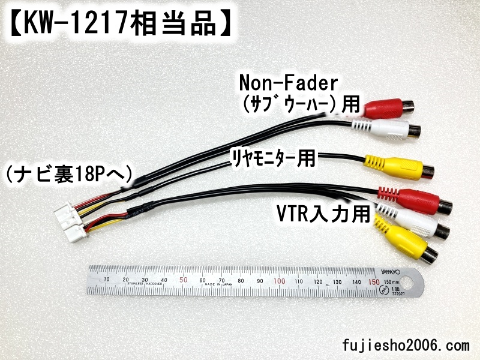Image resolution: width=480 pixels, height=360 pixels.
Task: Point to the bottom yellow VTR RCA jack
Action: (405, 243)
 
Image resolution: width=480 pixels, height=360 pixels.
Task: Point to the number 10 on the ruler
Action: (106, 280)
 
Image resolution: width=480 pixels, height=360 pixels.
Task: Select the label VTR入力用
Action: (322, 214)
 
